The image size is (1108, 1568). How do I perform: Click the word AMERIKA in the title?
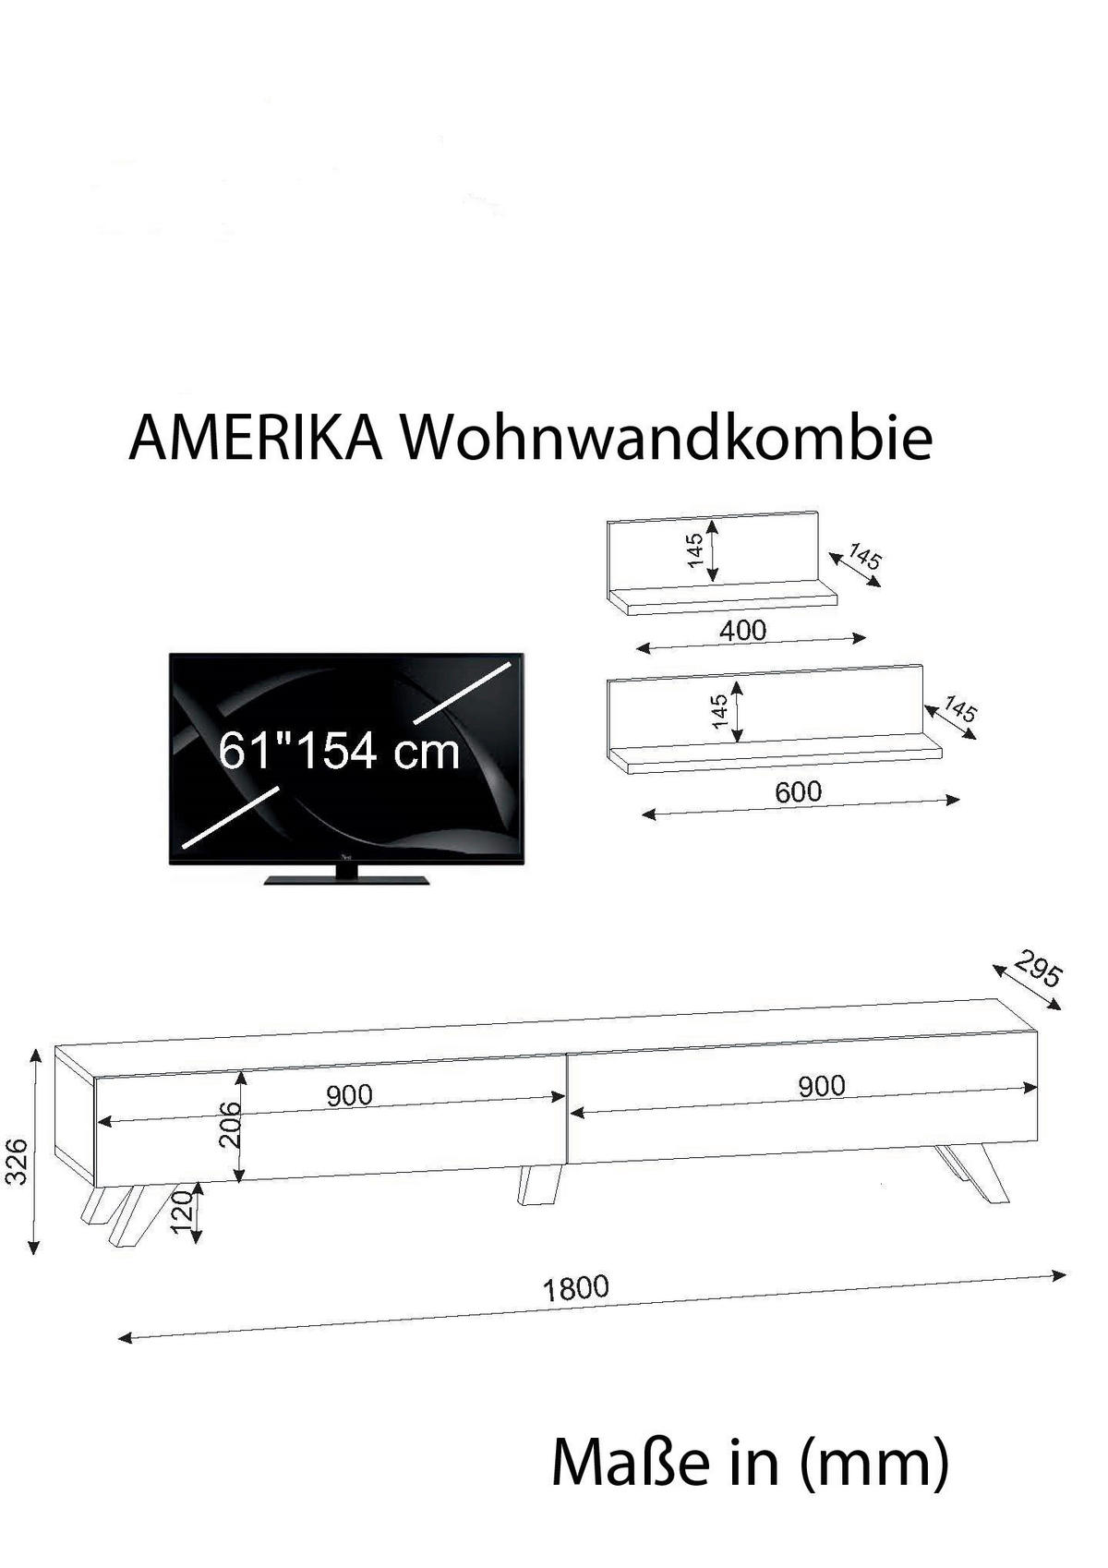pyautogui.click(x=256, y=439)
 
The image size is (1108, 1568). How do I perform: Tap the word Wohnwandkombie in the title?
pyautogui.click(x=666, y=437)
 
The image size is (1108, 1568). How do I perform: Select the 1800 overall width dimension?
pyautogui.click(x=576, y=1286)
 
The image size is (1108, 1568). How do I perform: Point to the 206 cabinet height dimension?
pyautogui.click(x=230, y=1125)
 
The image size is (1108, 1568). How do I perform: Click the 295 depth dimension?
pyautogui.click(x=1038, y=968)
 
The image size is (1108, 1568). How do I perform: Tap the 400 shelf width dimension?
pyautogui.click(x=743, y=631)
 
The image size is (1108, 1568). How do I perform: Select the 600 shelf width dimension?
pyautogui.click(x=798, y=791)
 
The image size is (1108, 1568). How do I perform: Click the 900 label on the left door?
pyautogui.click(x=350, y=1095)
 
